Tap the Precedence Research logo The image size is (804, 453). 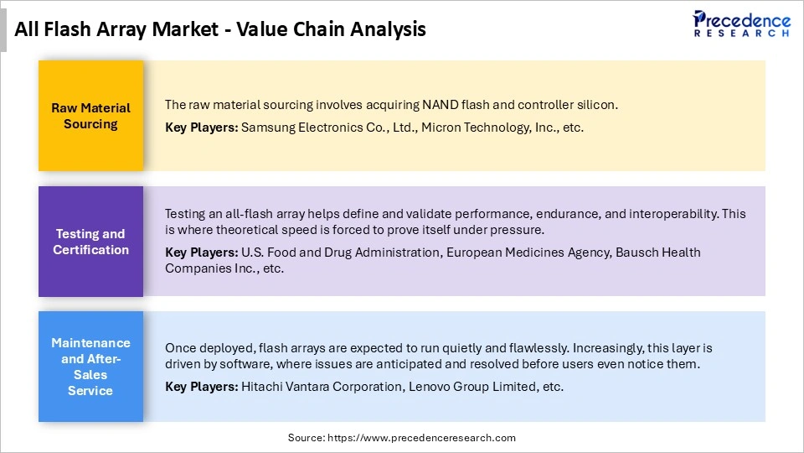point(741,23)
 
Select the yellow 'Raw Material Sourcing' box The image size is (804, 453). point(90,116)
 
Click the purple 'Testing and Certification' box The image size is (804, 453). point(90,242)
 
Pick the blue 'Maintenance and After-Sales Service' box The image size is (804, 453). point(90,367)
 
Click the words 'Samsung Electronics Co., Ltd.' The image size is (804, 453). point(330,128)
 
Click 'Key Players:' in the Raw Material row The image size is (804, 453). point(201,128)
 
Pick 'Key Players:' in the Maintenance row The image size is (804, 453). point(201,387)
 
